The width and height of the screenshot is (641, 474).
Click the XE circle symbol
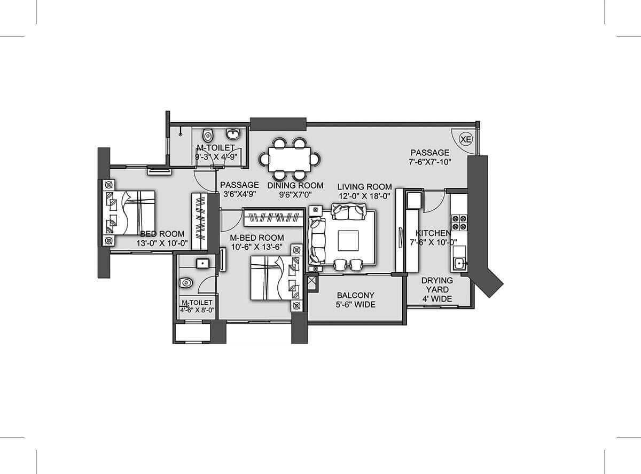click(x=466, y=139)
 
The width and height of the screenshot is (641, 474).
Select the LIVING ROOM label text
click(x=364, y=186)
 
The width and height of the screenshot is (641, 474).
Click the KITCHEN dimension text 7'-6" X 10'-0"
click(x=433, y=242)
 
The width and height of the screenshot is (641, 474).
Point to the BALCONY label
click(x=355, y=295)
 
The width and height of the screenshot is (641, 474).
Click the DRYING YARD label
click(x=437, y=285)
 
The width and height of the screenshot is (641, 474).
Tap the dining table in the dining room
click(x=290, y=159)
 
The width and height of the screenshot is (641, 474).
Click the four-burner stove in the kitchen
click(x=459, y=222)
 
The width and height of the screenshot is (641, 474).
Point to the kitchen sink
click(x=458, y=262)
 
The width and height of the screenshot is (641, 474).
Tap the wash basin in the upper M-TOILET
click(x=233, y=133)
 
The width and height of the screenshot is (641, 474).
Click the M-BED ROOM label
click(x=256, y=238)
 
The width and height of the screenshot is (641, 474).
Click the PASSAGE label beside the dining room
click(x=239, y=185)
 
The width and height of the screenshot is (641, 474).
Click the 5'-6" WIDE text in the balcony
click(x=355, y=305)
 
